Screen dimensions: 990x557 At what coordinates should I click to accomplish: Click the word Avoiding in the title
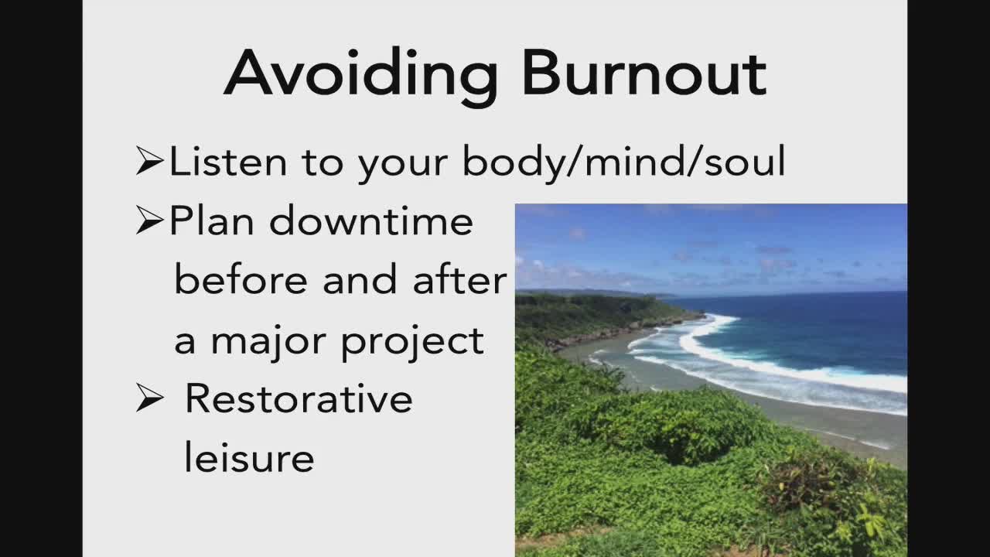(x=361, y=76)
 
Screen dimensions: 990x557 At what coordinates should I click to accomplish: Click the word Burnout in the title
(x=645, y=73)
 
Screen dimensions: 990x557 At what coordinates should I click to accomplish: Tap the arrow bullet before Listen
(x=149, y=161)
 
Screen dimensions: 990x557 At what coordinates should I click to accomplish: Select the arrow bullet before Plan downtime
(x=149, y=220)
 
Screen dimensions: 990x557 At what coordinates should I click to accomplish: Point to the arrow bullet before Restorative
(x=149, y=398)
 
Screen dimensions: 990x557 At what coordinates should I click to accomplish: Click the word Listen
(x=228, y=161)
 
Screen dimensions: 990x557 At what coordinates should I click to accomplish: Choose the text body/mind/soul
(x=623, y=162)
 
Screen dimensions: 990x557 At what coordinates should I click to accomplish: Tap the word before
(x=241, y=279)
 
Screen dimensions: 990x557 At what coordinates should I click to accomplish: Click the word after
(x=459, y=279)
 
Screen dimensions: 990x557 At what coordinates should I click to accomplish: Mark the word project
(x=413, y=343)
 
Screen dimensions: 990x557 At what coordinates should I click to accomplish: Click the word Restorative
(x=299, y=398)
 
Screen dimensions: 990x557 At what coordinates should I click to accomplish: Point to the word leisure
(x=249, y=457)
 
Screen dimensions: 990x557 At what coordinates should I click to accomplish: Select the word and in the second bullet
(x=360, y=279)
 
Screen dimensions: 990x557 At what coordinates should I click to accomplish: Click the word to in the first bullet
(x=323, y=162)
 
